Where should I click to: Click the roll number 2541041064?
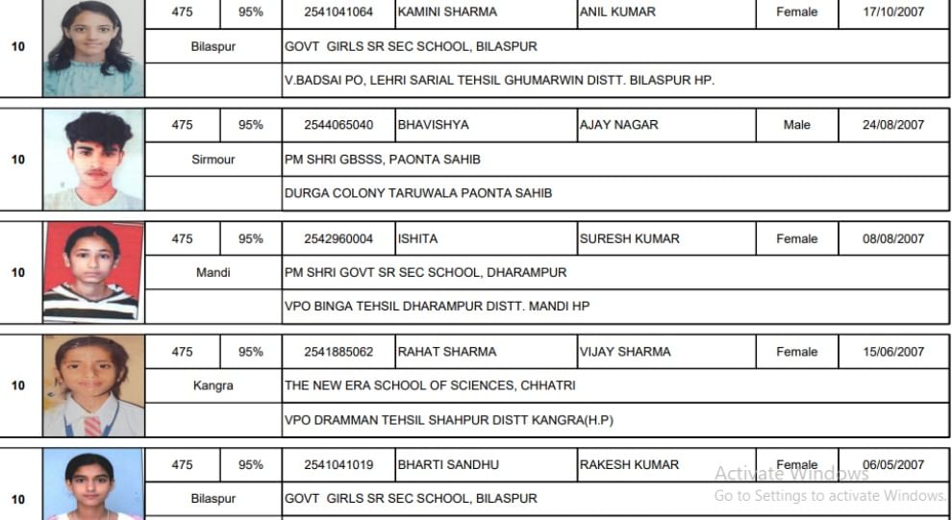pyautogui.click(x=338, y=12)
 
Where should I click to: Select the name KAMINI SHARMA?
pyautogui.click(x=447, y=12)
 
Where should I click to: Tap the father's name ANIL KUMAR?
pyautogui.click(x=617, y=12)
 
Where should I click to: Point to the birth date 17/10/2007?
pyautogui.click(x=893, y=12)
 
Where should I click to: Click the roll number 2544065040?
pyautogui.click(x=338, y=125)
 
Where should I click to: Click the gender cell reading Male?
pyautogui.click(x=796, y=125)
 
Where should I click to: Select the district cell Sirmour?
pyautogui.click(x=213, y=160)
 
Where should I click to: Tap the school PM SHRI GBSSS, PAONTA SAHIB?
pyautogui.click(x=383, y=160)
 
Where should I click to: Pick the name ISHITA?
pyautogui.click(x=418, y=239)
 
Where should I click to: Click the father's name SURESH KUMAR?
pyautogui.click(x=629, y=239)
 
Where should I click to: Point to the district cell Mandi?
pyautogui.click(x=213, y=273)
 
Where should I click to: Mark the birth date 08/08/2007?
pyautogui.click(x=893, y=239)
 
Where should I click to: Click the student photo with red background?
pyautogui.click(x=93, y=273)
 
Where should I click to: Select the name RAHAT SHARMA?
pyautogui.click(x=447, y=352)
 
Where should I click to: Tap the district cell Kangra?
pyautogui.click(x=213, y=385)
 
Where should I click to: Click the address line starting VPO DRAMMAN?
pyautogui.click(x=449, y=420)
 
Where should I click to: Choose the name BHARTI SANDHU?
pyautogui.click(x=448, y=465)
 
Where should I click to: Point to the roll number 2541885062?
pyautogui.click(x=338, y=352)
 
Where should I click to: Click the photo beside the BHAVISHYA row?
pyautogui.click(x=93, y=160)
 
